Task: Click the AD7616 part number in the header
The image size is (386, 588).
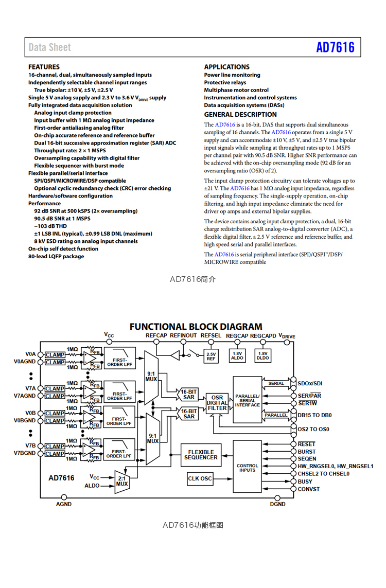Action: tap(335, 47)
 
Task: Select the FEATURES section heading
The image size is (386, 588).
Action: tap(44, 67)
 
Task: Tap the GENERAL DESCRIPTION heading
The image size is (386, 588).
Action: tap(240, 115)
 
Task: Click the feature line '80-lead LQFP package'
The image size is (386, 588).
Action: tap(56, 256)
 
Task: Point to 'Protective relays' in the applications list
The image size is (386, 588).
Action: tap(225, 82)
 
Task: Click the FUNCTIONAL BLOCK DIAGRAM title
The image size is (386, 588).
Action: tap(196, 327)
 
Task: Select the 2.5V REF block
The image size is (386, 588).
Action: tap(211, 356)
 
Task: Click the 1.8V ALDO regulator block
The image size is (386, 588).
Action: tap(237, 355)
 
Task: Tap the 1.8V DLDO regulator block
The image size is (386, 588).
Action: tap(262, 355)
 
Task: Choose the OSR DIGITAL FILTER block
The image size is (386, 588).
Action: tap(217, 403)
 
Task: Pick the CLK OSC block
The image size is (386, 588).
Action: tap(200, 478)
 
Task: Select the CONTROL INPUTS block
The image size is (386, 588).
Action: tap(248, 467)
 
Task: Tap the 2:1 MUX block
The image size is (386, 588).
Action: tap(122, 481)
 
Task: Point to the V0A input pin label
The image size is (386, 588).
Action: tap(30, 354)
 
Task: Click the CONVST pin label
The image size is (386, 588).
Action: tap(308, 489)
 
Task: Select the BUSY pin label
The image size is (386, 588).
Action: tap(305, 482)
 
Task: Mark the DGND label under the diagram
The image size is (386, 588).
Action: tap(277, 504)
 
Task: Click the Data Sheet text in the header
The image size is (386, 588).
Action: tap(50, 47)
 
